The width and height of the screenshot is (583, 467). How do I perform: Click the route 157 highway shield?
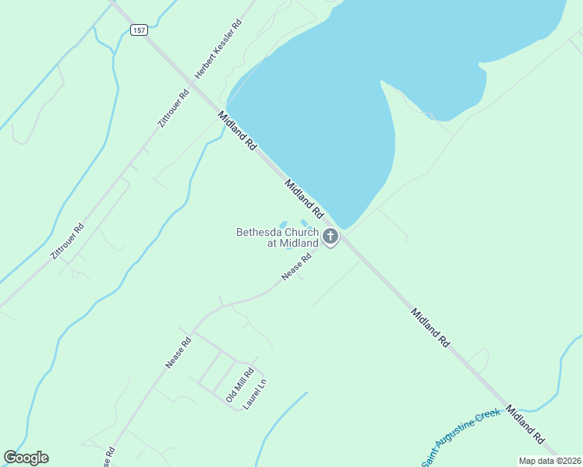coord(138,30)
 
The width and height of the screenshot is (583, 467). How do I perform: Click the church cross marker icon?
coord(330,236)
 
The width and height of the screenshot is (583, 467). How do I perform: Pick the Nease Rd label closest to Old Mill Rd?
coord(178,353)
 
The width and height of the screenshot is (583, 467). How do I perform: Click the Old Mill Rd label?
coord(239,384)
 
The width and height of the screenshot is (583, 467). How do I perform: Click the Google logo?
coord(26,458)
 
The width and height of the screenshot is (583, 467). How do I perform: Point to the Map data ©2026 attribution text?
coord(549,461)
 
